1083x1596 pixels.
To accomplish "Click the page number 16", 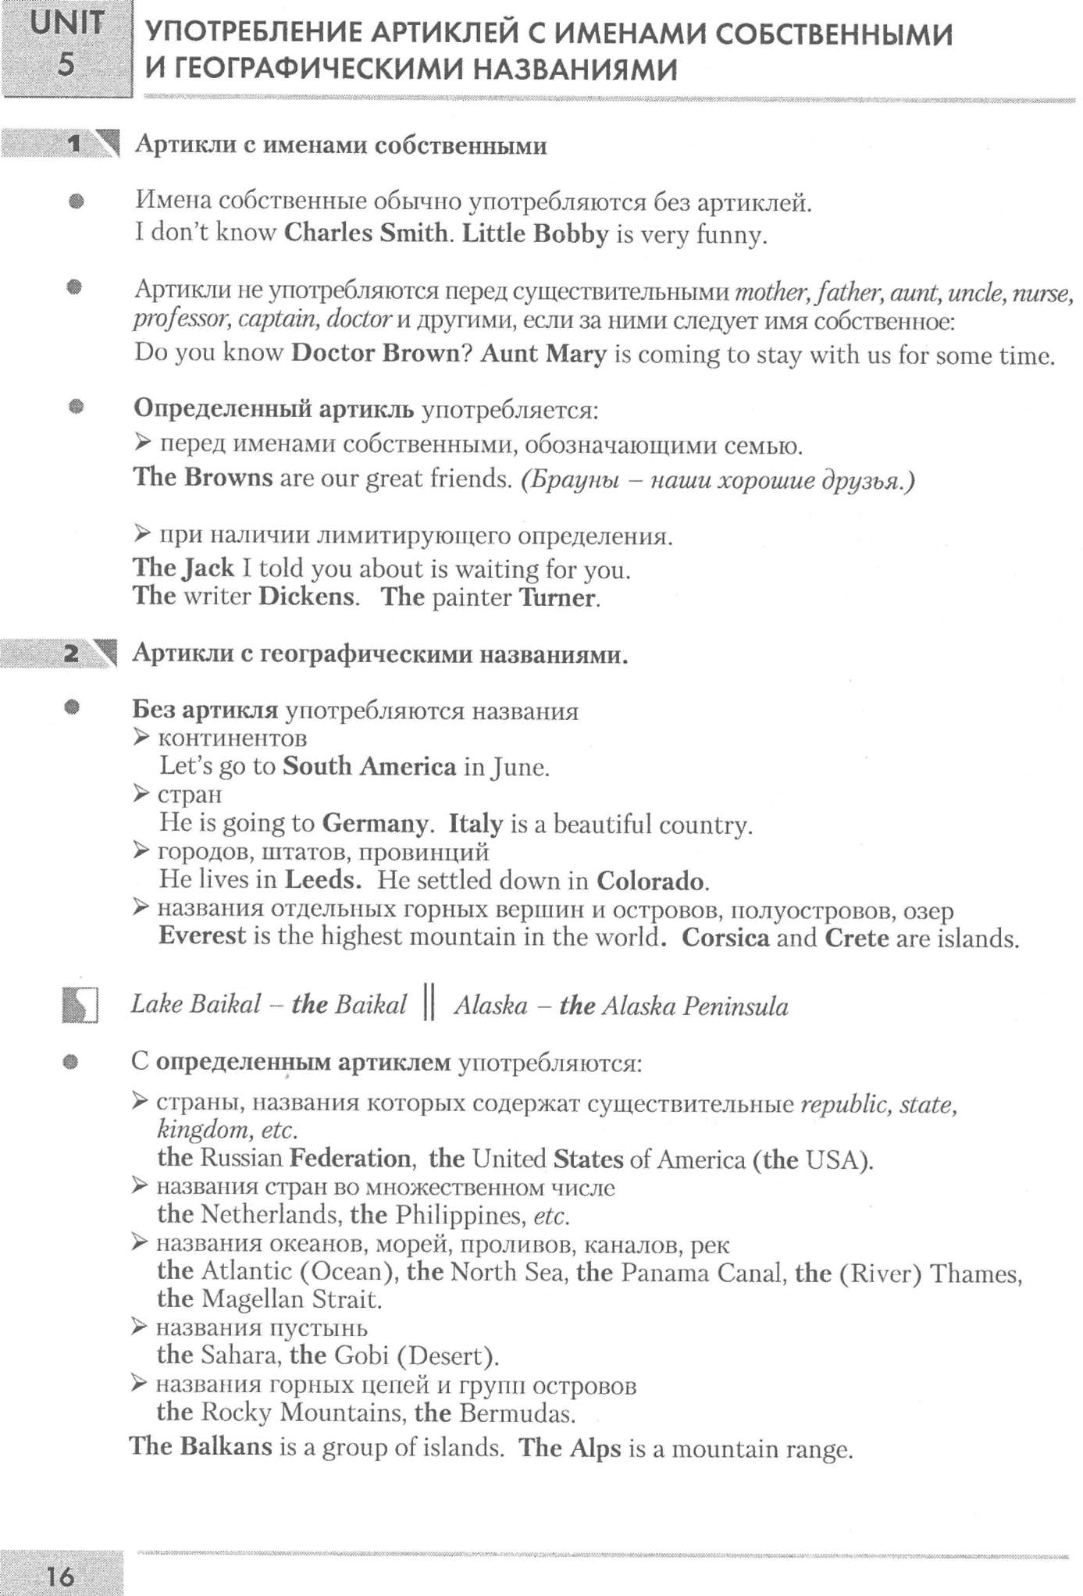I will pos(59,1576).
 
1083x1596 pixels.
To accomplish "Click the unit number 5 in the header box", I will pos(66,63).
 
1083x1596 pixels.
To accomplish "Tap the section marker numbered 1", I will pos(75,144).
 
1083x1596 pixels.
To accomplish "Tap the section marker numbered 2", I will pos(72,653).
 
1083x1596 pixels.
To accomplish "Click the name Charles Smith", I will pos(365,233).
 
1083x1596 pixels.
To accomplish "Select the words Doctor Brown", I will pos(375,354).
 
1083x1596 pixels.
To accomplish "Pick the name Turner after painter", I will pos(558,598).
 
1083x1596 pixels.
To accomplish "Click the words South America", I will pos(369,767).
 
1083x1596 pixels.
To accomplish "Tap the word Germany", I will pos(375,825).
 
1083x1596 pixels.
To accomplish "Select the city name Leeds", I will pos(322,881).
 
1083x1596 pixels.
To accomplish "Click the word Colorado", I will pos(651,882).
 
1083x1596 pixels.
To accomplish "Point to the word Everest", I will pos(202,936).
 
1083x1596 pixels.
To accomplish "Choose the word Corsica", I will pos(725,938).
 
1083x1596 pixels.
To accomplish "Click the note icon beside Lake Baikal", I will pos(79,1006).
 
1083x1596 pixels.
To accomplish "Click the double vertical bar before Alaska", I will pos(428,1003).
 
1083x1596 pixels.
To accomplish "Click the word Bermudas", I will pos(518,1414).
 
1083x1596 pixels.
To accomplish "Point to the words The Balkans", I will pos(201,1447).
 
